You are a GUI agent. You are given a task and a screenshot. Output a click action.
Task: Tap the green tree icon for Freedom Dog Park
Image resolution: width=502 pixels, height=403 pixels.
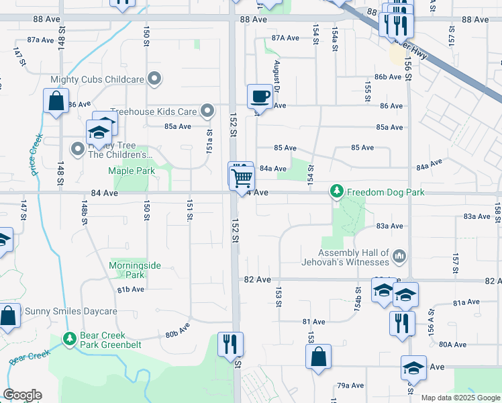pyautogui.click(x=336, y=192)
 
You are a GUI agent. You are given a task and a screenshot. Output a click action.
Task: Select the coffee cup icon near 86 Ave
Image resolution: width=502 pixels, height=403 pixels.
pyautogui.click(x=260, y=96)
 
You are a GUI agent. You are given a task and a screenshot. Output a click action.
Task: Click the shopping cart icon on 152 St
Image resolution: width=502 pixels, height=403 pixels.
pyautogui.click(x=242, y=179)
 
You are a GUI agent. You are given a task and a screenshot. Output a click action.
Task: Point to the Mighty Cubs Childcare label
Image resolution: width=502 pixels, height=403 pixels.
pyautogui.click(x=97, y=79)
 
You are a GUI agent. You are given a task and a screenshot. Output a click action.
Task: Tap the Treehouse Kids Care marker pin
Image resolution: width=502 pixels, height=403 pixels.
pyautogui.click(x=207, y=110)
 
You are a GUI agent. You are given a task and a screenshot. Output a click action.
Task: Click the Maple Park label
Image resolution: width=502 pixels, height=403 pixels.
pyautogui.click(x=132, y=171)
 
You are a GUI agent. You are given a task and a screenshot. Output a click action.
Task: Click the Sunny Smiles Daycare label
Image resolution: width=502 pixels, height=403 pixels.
pyautogui.click(x=71, y=311)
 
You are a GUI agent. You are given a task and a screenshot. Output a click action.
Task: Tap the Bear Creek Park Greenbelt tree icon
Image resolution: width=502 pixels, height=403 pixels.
pyautogui.click(x=68, y=340)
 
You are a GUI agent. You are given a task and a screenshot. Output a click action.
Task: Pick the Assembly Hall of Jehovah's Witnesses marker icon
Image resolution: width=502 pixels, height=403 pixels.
pyautogui.click(x=399, y=255)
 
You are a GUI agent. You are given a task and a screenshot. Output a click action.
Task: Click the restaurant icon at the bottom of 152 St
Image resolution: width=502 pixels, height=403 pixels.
pyautogui.click(x=231, y=344)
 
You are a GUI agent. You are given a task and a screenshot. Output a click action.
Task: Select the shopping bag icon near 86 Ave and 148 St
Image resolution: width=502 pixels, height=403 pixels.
pyautogui.click(x=56, y=102)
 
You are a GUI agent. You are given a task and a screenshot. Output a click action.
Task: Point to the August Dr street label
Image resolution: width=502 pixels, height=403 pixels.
pyautogui.click(x=276, y=76)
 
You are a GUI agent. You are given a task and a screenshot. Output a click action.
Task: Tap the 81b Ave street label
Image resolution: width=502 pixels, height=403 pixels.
pyautogui.click(x=131, y=289)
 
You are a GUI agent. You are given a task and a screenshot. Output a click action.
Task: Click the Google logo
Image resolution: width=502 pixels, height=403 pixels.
pyautogui.click(x=22, y=395)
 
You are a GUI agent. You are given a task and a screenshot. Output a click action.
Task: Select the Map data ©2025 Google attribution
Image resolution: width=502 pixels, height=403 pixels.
pyautogui.click(x=460, y=398)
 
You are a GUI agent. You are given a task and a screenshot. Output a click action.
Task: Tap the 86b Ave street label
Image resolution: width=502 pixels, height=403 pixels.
pyautogui.click(x=388, y=77)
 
